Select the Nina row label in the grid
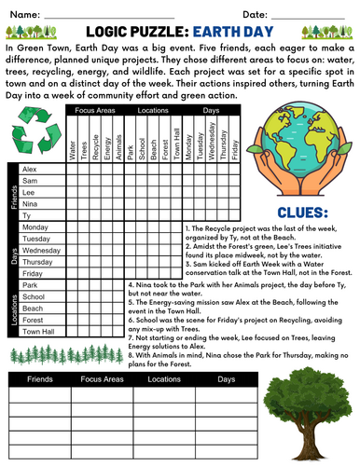pyautogui.click(x=30, y=203)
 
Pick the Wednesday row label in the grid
pyautogui.click(x=41, y=251)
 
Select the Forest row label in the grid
pyautogui.click(x=33, y=319)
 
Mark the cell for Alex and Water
pyautogui.click(x=73, y=169)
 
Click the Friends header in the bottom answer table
pyautogui.click(x=41, y=380)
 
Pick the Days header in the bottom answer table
pyautogui.click(x=227, y=380)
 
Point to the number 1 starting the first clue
pyautogui.click(x=187, y=227)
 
